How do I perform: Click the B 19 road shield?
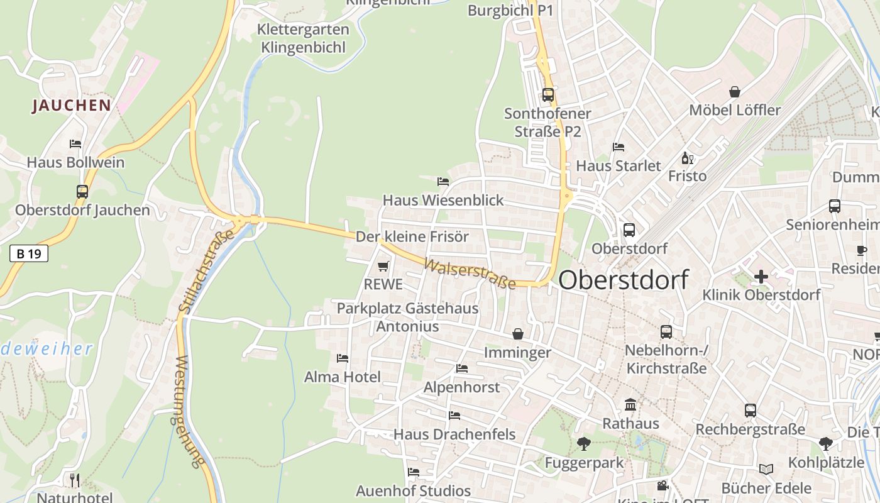(x=29, y=253)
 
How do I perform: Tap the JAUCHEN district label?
(x=72, y=105)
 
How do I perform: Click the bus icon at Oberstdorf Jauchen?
(x=82, y=192)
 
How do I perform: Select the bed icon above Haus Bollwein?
(x=75, y=144)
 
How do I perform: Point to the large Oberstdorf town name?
(x=623, y=280)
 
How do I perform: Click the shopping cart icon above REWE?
(x=383, y=267)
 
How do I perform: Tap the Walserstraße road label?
(x=470, y=274)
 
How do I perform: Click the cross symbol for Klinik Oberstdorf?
(x=761, y=277)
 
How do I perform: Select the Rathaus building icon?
(x=630, y=405)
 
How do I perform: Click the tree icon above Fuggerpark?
(x=584, y=444)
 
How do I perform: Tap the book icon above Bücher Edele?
(x=766, y=470)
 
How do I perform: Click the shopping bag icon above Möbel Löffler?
(x=734, y=92)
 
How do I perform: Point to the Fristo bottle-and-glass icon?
(x=687, y=158)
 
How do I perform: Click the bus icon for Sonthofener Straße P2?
(x=548, y=95)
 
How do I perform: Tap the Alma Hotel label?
(x=343, y=377)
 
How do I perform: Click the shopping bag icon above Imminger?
(x=517, y=333)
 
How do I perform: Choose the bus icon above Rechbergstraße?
(x=750, y=411)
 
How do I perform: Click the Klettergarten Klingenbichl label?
(x=303, y=38)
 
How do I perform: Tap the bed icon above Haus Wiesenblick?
(x=443, y=182)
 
